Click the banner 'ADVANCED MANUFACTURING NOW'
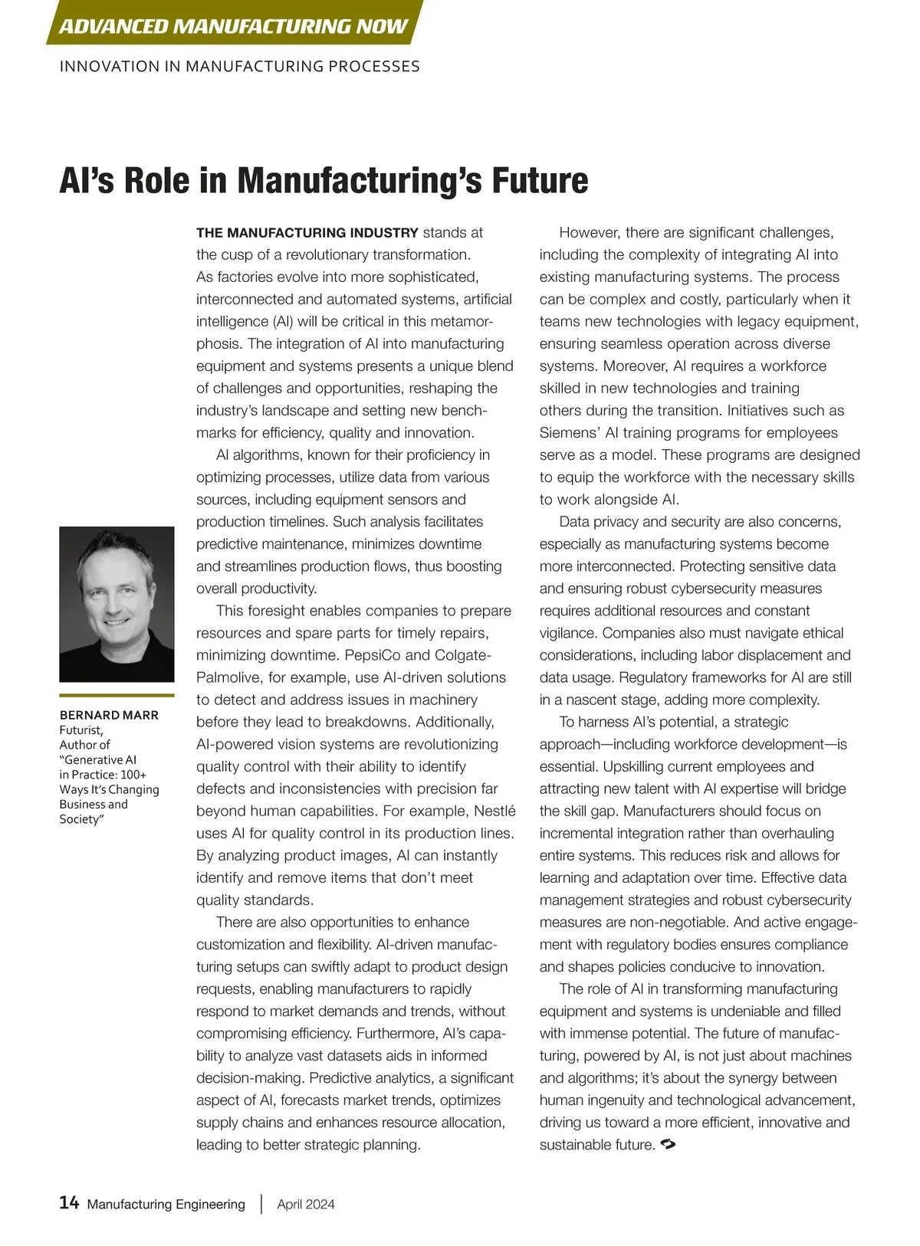click(233, 26)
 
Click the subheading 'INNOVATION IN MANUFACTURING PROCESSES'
click(239, 67)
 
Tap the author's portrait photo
click(117, 604)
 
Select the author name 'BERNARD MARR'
click(109, 715)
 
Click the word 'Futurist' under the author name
click(80, 730)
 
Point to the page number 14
click(69, 1202)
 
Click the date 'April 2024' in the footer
click(306, 1204)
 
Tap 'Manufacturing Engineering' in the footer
click(166, 1204)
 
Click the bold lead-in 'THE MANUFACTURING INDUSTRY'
click(307, 233)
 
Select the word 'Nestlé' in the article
click(495, 811)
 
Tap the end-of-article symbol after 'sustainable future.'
click(667, 1144)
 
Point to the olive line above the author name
click(117, 695)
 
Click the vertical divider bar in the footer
click(261, 1204)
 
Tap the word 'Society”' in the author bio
click(80, 819)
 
